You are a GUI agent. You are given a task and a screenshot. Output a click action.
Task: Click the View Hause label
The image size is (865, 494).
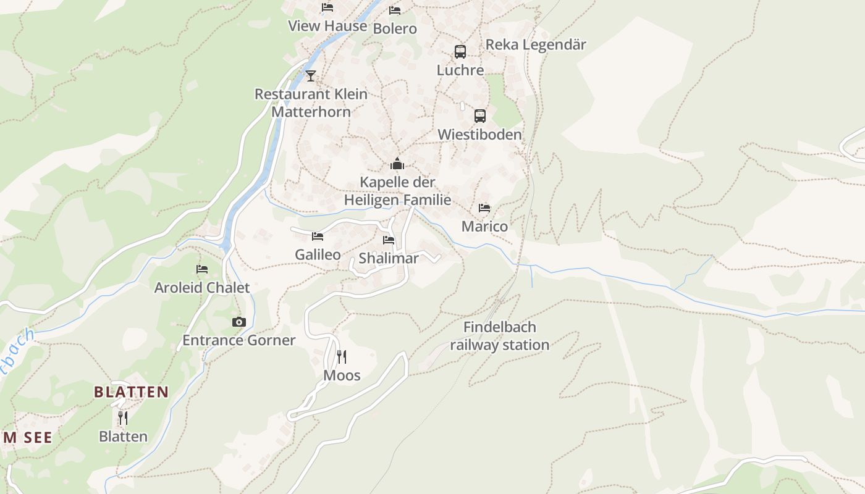(x=327, y=26)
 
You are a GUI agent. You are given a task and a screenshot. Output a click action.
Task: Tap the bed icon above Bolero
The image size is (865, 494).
(x=395, y=10)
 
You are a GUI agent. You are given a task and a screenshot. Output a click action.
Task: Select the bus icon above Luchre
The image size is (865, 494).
(x=460, y=52)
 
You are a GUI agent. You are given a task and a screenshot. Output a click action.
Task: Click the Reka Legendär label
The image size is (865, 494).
(x=536, y=44)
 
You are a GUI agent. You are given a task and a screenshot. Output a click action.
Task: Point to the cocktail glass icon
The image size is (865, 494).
(x=311, y=76)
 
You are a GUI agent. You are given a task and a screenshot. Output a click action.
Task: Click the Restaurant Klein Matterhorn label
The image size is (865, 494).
(x=311, y=103)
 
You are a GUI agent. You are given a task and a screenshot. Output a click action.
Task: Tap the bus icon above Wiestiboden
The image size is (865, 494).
(x=480, y=116)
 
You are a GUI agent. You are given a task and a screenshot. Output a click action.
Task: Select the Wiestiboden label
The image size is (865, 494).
(x=479, y=135)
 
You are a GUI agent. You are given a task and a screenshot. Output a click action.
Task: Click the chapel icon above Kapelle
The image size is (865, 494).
(x=397, y=164)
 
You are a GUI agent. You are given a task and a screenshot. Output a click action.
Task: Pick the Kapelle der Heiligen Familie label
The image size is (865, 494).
(x=397, y=191)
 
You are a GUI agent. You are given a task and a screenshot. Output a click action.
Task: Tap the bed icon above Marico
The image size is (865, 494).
(x=484, y=208)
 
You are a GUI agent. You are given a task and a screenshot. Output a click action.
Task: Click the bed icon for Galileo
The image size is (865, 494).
(x=318, y=237)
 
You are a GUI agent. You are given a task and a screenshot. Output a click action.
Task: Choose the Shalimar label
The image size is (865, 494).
(x=389, y=258)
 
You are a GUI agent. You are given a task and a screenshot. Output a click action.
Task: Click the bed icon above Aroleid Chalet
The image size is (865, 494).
(x=202, y=269)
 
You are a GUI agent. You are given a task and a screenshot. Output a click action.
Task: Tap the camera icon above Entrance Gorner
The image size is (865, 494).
(x=239, y=322)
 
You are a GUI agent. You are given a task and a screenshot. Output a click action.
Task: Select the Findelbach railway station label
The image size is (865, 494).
(x=499, y=336)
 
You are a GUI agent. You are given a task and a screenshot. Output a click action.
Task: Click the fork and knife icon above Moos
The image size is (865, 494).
(x=342, y=357)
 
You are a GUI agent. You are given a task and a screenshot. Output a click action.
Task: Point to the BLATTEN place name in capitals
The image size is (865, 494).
(x=131, y=392)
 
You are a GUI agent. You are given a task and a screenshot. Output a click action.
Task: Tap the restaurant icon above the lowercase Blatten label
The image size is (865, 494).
(x=123, y=418)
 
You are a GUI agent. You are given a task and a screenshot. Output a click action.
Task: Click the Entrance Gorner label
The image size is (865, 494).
(x=239, y=340)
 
